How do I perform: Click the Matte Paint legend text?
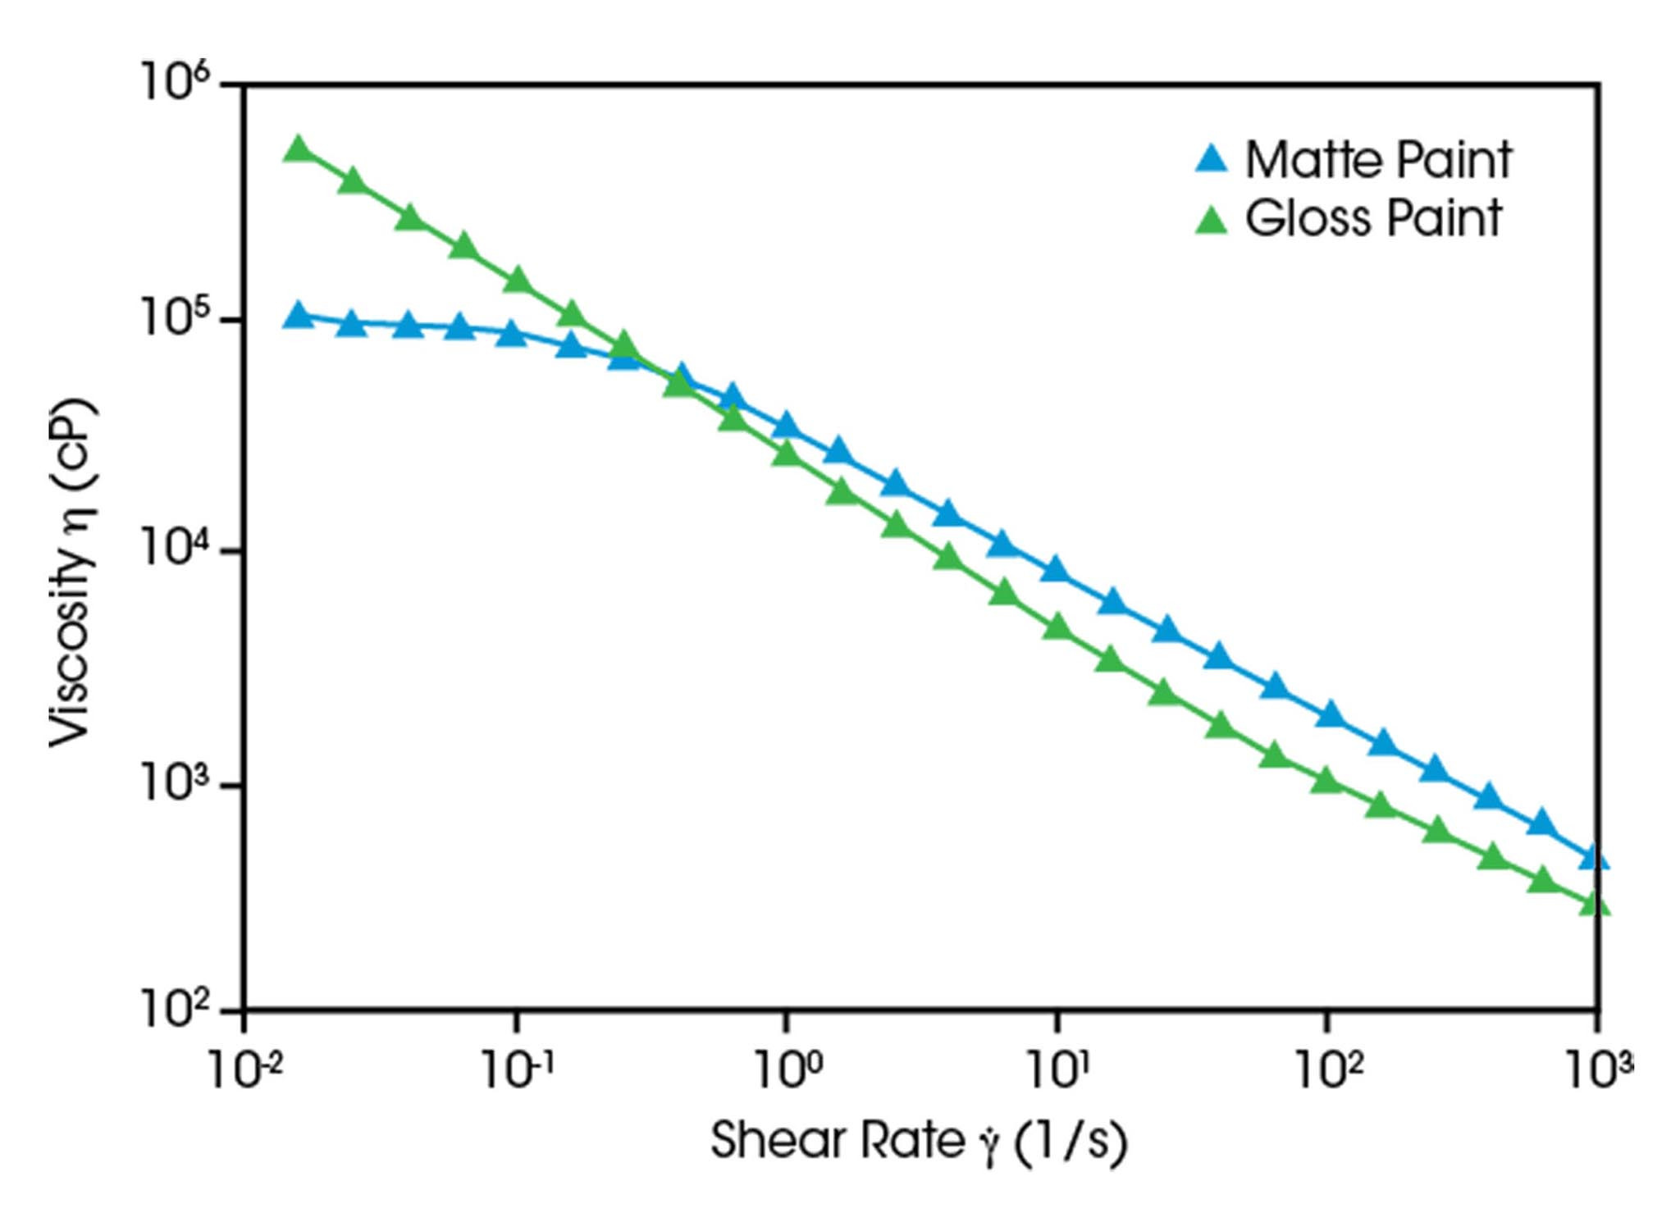tap(1378, 159)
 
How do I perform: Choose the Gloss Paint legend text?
tap(1373, 218)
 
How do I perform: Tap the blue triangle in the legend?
tap(1212, 159)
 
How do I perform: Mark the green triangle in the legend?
tap(1212, 220)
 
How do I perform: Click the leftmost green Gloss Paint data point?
tap(299, 149)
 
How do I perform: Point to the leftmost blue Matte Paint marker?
tap(299, 316)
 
